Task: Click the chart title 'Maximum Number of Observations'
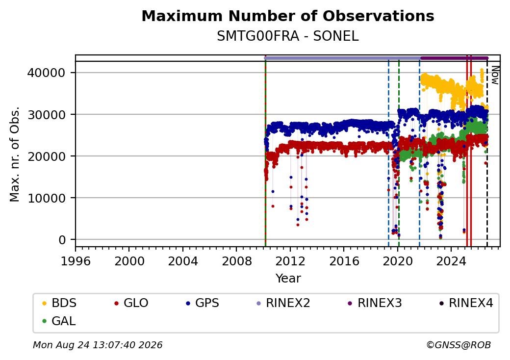pyautogui.click(x=288, y=16)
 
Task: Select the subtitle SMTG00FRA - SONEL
pyautogui.click(x=288, y=36)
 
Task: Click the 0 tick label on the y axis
pyautogui.click(x=62, y=240)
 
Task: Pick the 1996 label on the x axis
pyautogui.click(x=76, y=261)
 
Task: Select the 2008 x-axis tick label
pyautogui.click(x=236, y=261)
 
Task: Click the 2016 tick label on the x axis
pyautogui.click(x=344, y=261)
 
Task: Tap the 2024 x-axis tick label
pyautogui.click(x=451, y=261)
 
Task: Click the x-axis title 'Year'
pyautogui.click(x=288, y=279)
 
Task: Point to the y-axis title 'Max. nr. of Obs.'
pyautogui.click(x=15, y=154)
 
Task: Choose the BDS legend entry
pyautogui.click(x=59, y=303)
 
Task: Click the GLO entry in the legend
pyautogui.click(x=131, y=303)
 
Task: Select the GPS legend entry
pyautogui.click(x=203, y=303)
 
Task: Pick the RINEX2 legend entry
pyautogui.click(x=283, y=303)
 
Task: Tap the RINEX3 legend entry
pyautogui.click(x=375, y=303)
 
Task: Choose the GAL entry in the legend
pyautogui.click(x=59, y=321)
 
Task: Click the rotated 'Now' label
pyautogui.click(x=495, y=75)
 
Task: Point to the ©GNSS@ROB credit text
pyautogui.click(x=459, y=345)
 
